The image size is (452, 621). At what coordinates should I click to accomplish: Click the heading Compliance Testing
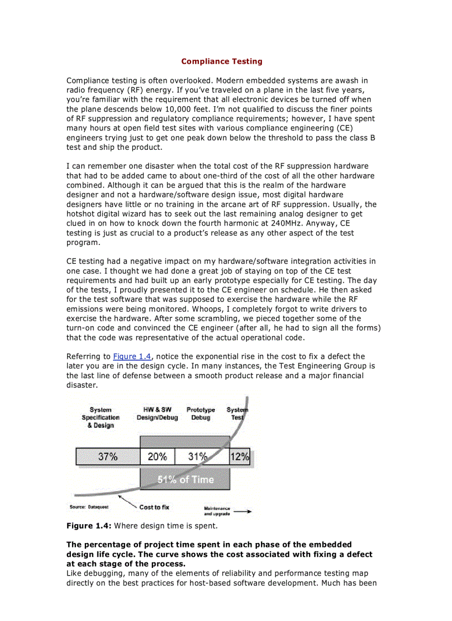click(x=222, y=61)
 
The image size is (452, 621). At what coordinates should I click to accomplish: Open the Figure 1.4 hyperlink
click(x=132, y=357)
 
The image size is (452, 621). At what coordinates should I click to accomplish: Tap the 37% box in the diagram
click(x=107, y=457)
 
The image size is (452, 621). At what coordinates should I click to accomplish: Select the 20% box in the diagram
click(x=157, y=457)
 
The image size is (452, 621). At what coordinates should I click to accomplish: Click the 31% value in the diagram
click(x=198, y=457)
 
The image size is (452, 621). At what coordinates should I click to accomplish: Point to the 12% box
click(x=240, y=457)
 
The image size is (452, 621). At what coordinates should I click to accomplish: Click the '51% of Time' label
click(x=185, y=479)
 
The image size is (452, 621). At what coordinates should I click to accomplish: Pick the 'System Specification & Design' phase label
click(x=100, y=418)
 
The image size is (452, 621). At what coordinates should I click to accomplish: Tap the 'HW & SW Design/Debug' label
click(x=157, y=414)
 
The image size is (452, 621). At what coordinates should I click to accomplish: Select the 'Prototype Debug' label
click(x=201, y=414)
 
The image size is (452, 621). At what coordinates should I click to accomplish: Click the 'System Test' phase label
click(x=237, y=414)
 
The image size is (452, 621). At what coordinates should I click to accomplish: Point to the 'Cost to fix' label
click(x=154, y=507)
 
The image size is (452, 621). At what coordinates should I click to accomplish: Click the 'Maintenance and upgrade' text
click(x=217, y=511)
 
